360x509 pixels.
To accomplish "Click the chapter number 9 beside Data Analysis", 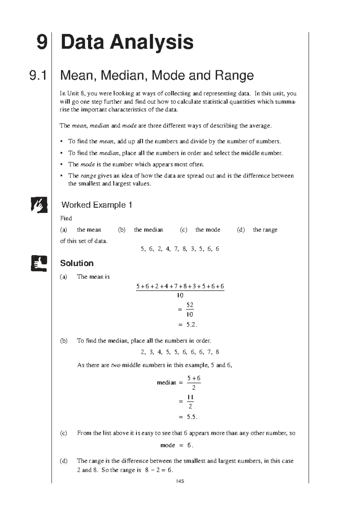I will point(42,42).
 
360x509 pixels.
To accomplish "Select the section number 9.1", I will point(38,75).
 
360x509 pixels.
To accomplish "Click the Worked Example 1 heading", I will point(97,205).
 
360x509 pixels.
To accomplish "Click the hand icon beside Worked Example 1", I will point(39,205).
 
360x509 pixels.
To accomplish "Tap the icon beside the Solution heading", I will point(39,263).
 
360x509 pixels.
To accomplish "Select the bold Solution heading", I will point(77,263).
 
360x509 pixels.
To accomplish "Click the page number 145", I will point(180,481).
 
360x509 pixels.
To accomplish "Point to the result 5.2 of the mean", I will point(191,325).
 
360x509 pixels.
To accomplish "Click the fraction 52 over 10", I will point(190,310).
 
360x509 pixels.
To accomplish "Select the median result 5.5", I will point(192,417).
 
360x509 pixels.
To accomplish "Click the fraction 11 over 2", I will point(190,402).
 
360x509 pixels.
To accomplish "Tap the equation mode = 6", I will point(177,445).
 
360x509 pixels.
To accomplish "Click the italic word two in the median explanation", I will point(116,365).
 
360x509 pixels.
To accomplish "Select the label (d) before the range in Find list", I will point(241,230).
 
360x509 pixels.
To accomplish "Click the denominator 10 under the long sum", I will point(180,295).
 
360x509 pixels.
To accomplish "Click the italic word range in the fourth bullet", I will point(88,176).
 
